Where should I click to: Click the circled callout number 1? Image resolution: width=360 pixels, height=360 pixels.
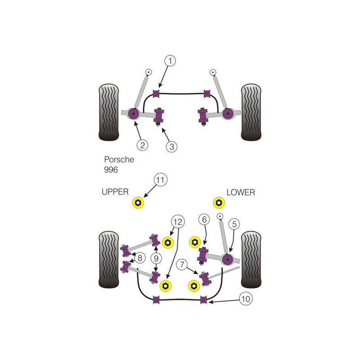170,61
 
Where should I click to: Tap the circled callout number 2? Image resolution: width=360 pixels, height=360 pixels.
142,145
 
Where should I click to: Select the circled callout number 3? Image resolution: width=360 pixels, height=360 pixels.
172,147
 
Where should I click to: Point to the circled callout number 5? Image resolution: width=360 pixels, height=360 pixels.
234,224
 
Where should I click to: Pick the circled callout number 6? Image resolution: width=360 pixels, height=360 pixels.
204,220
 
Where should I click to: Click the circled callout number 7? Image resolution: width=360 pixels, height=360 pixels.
182,265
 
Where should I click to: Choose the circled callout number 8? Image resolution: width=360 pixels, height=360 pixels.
140,258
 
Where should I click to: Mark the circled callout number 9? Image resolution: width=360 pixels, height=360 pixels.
156,258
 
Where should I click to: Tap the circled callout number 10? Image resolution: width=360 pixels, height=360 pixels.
246,299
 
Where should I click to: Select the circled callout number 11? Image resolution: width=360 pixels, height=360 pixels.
161,180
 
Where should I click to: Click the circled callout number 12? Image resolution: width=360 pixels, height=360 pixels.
178,222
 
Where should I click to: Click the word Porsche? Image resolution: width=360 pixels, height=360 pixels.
119,159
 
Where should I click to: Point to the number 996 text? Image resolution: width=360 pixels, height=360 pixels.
111,170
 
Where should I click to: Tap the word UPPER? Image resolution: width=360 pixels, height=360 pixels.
115,192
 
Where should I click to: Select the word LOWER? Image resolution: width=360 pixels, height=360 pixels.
241,192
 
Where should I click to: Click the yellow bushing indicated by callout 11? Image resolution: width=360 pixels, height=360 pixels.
138,203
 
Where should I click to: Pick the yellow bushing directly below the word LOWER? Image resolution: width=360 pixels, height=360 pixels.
219,203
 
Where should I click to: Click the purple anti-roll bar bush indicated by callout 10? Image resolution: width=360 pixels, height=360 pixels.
203,300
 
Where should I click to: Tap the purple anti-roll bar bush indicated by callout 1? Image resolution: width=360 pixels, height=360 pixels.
156,94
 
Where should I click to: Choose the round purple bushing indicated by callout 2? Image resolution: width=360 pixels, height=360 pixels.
133,113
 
